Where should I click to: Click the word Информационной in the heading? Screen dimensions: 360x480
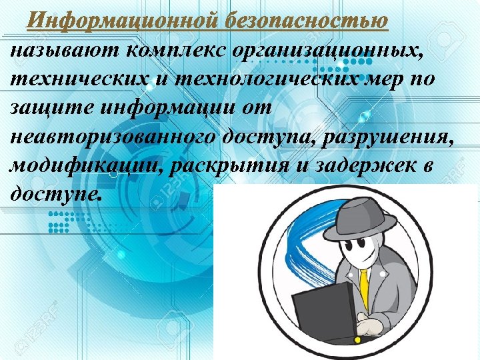point(123,20)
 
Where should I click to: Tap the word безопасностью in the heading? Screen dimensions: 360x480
point(306,20)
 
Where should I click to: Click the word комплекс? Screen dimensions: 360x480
point(175,50)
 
